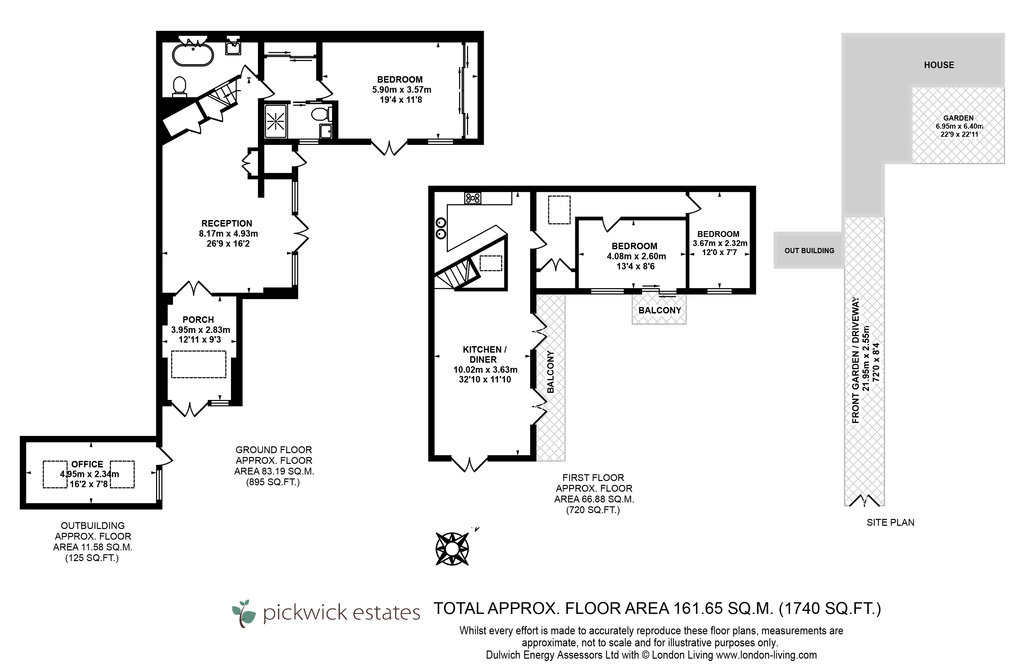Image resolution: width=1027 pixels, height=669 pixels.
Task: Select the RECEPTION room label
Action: pyautogui.click(x=227, y=224)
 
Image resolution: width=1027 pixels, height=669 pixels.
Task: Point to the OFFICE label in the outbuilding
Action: pyautogui.click(x=87, y=464)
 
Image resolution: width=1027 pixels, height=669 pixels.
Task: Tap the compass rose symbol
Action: pyautogui.click(x=452, y=548)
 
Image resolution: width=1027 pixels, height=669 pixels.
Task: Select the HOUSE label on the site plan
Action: pyautogui.click(x=939, y=65)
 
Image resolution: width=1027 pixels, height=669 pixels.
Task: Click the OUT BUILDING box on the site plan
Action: pyautogui.click(x=809, y=250)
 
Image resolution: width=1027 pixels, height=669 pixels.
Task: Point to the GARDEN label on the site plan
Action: pyautogui.click(x=958, y=118)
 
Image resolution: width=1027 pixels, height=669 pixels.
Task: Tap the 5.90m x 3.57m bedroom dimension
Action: pyautogui.click(x=402, y=90)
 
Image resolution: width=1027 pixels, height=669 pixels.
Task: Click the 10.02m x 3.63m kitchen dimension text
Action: pyautogui.click(x=485, y=370)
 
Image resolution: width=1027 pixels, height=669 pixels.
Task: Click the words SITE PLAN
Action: pyautogui.click(x=891, y=523)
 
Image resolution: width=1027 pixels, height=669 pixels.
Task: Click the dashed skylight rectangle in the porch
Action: pyautogui.click(x=199, y=365)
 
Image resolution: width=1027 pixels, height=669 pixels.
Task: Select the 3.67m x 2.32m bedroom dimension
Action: pyautogui.click(x=720, y=243)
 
